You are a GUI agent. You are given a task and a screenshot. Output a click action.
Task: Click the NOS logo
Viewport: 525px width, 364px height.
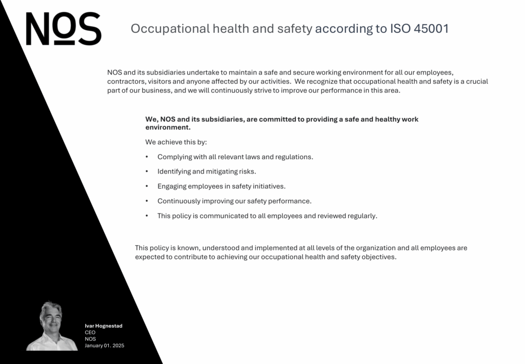point(63,29)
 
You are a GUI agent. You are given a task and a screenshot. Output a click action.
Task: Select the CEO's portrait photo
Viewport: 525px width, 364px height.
point(51,327)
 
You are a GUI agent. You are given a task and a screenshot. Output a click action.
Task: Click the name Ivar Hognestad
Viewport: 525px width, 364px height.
point(104,326)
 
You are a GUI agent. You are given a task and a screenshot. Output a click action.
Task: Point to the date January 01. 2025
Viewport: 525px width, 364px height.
point(105,346)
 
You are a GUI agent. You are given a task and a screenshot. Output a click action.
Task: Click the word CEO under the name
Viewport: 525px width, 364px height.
point(90,333)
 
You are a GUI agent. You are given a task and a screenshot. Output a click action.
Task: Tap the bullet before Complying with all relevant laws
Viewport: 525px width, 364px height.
point(147,157)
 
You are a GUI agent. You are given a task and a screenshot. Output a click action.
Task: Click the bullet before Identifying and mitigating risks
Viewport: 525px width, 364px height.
point(147,171)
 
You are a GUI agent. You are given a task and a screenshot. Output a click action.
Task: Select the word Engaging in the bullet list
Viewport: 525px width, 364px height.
point(172,186)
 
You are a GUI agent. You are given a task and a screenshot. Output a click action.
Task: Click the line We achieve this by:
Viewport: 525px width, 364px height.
point(176,142)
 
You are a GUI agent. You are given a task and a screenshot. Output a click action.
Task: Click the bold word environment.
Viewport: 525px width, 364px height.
point(168,127)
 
